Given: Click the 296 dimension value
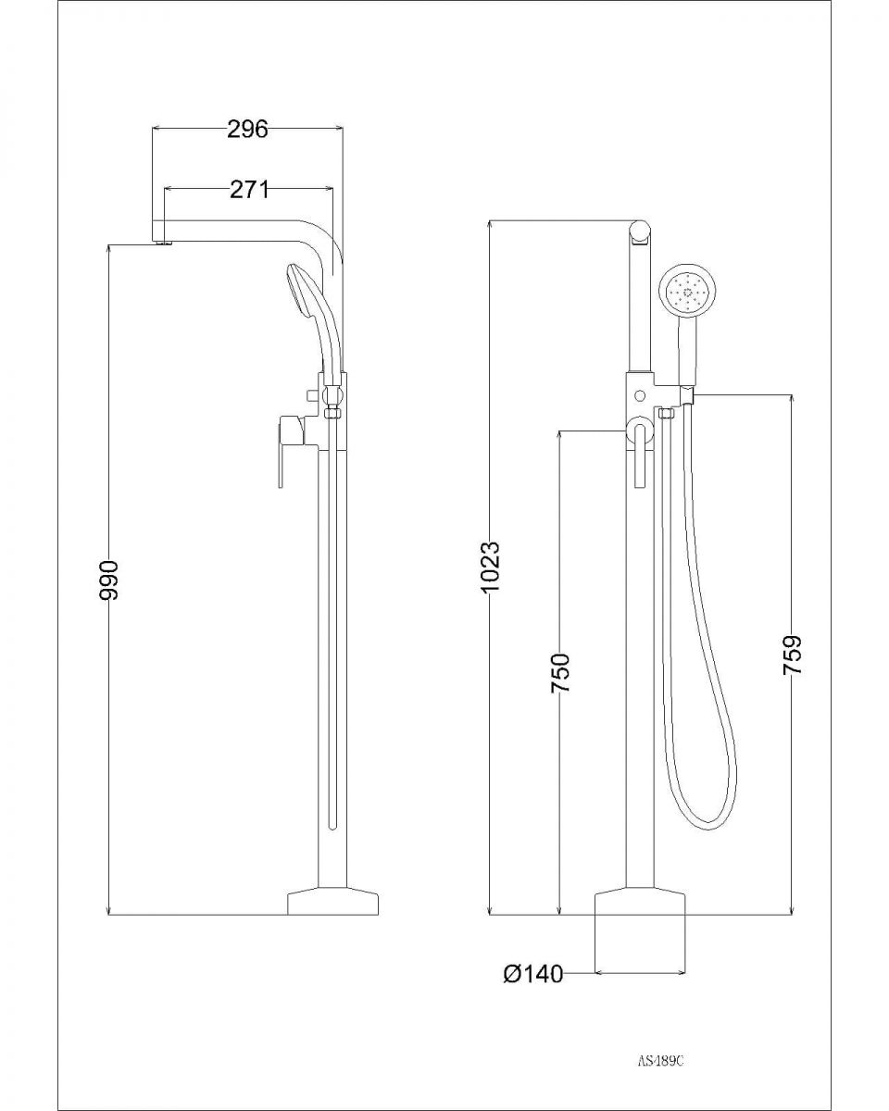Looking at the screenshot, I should tap(247, 129).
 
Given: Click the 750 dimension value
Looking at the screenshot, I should tap(560, 673).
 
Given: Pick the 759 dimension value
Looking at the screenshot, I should tap(793, 655).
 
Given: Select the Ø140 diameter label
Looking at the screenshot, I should tap(533, 974).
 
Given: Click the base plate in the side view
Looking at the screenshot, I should tap(334, 903).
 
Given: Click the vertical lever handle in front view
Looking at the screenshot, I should tap(638, 458).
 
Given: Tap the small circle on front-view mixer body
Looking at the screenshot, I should tap(639, 395).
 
